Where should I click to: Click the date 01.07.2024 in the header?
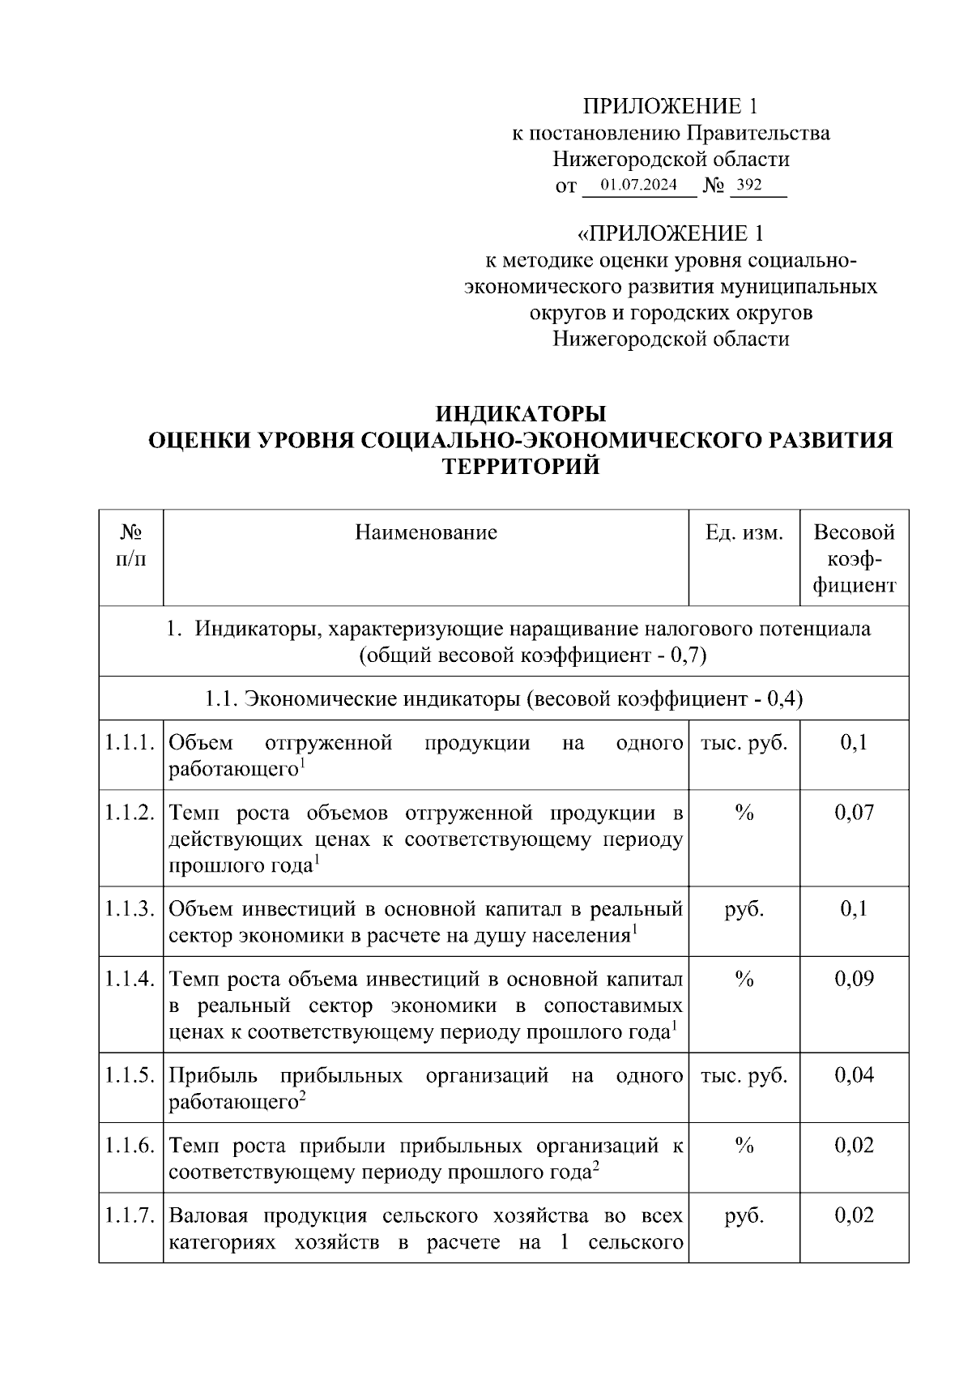coord(638,186)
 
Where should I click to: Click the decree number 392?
coord(749,186)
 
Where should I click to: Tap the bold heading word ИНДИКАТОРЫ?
coord(520,414)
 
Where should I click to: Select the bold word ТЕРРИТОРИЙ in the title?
coord(520,467)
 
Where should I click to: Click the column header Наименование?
coord(426,532)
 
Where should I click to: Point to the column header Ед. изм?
coord(744,532)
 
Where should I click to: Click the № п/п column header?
coord(131,545)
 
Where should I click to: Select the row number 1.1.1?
coord(130,742)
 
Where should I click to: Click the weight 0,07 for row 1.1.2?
coord(854,813)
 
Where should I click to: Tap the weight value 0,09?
coord(854,979)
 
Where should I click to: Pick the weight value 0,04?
coord(854,1075)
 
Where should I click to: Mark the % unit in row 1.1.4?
coord(744,979)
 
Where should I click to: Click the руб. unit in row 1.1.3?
coord(744,909)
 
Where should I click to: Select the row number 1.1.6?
coord(130,1146)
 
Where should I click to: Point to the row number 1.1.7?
coord(130,1215)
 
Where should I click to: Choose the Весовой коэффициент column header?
coord(854,558)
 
